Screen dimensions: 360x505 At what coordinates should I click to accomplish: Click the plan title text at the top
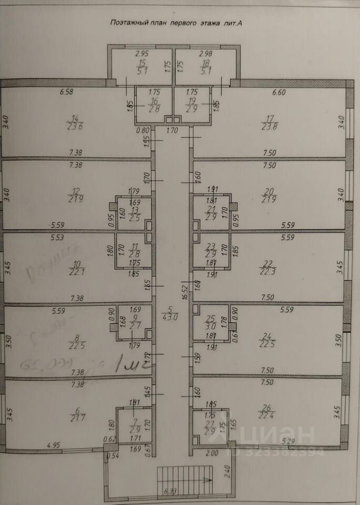pyautogui.click(x=178, y=23)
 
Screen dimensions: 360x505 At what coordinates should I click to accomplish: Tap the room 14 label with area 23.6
pyautogui.click(x=77, y=122)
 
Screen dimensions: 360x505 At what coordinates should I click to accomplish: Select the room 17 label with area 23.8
pyautogui.click(x=270, y=122)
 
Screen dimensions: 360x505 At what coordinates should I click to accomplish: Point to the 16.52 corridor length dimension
pyautogui.click(x=185, y=292)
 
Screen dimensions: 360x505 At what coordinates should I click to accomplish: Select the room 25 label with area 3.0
pyautogui.click(x=210, y=322)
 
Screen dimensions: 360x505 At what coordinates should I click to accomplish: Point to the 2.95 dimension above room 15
pyautogui.click(x=142, y=54)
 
